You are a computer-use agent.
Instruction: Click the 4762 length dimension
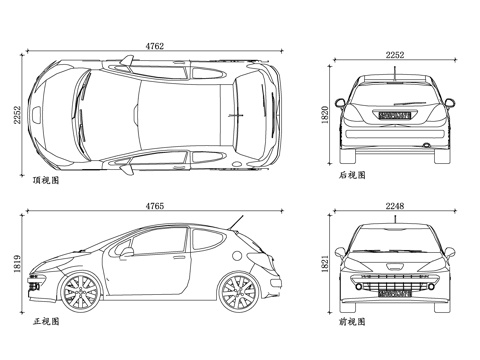(156, 46)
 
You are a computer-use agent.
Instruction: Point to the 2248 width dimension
(394, 207)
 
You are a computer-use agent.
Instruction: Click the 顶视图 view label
(46, 181)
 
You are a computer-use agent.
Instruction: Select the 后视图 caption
(352, 174)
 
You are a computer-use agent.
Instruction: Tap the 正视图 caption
(46, 322)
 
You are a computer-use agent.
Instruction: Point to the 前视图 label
(352, 322)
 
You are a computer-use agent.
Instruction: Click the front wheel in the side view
(79, 292)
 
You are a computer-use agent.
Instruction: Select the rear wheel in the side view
(238, 292)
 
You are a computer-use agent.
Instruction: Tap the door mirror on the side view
(127, 253)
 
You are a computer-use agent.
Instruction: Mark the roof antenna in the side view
(237, 220)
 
